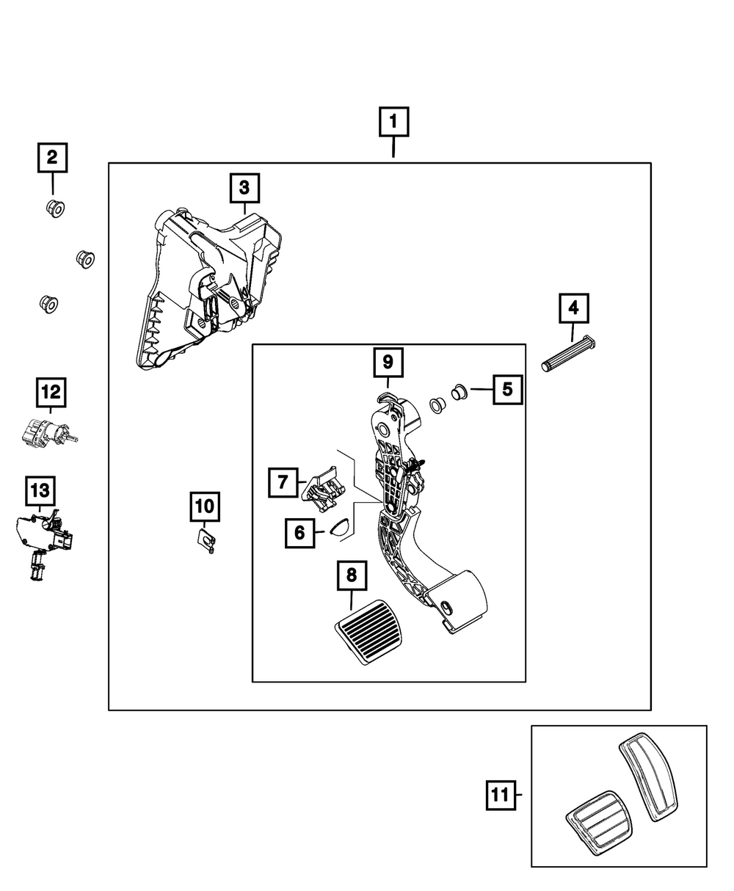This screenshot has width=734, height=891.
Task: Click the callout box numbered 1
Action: tap(394, 122)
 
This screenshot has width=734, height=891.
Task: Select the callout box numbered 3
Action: tap(244, 188)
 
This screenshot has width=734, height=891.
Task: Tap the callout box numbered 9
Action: tap(388, 363)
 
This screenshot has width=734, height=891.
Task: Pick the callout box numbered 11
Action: tap(501, 795)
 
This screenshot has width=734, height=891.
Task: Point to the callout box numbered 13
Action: tap(40, 491)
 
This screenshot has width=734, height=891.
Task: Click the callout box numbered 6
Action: tap(299, 533)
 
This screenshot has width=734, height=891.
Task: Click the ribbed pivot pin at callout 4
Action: tap(568, 354)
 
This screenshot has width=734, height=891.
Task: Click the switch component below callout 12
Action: tap(49, 433)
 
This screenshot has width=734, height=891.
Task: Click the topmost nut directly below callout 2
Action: tap(55, 208)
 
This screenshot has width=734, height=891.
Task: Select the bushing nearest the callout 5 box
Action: tap(459, 392)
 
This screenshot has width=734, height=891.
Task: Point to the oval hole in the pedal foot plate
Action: tap(447, 606)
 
